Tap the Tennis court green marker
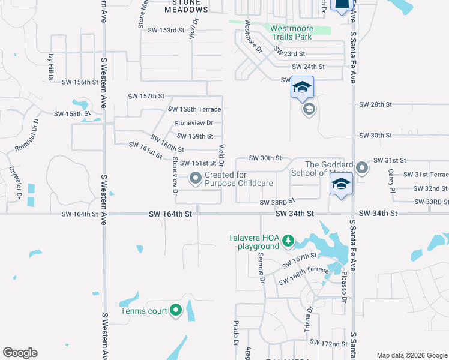(x=176, y=310)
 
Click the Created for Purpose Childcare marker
(x=196, y=178)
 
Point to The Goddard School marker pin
(x=362, y=169)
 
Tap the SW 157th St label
(x=146, y=96)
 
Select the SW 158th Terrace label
(x=194, y=109)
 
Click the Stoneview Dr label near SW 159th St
(x=190, y=123)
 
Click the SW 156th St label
(x=79, y=82)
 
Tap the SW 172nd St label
(x=328, y=343)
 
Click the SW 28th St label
(x=375, y=104)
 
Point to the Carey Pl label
(x=390, y=177)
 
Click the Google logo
(x=20, y=353)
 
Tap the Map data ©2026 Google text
(x=412, y=355)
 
